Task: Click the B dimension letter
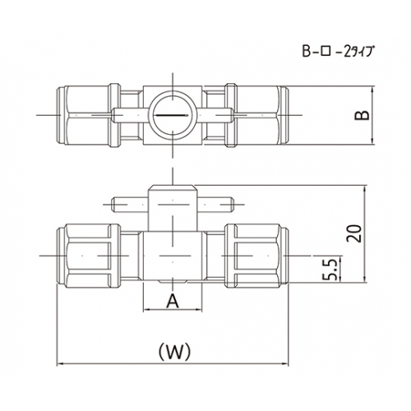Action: point(362,115)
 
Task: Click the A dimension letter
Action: point(173,301)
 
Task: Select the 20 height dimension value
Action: point(353,233)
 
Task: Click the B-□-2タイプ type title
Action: point(338,51)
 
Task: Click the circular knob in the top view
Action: point(173,115)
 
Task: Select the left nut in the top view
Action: point(88,115)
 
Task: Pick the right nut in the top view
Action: point(256,115)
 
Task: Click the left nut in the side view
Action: point(88,256)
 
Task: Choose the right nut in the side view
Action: point(256,256)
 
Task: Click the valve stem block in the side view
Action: point(173,208)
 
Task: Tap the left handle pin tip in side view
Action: point(113,205)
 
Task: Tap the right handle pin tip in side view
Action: point(232,205)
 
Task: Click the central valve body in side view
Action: point(173,256)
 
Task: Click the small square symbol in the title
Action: point(326,52)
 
